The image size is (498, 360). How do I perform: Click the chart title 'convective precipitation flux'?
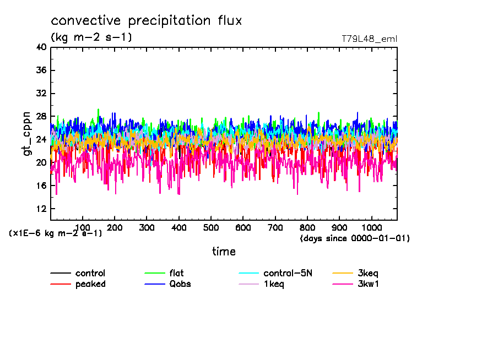click(x=147, y=21)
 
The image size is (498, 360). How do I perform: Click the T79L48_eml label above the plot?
click(x=369, y=39)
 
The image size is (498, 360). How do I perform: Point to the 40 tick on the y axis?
click(x=41, y=47)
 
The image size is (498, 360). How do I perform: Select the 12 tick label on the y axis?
click(x=41, y=209)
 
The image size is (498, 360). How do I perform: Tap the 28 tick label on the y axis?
click(x=41, y=117)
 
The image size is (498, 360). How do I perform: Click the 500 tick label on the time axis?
click(x=211, y=227)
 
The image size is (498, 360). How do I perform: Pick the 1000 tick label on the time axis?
click(x=371, y=227)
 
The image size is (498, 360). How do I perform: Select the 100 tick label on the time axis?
click(x=83, y=227)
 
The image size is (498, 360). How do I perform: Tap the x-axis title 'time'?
click(x=224, y=252)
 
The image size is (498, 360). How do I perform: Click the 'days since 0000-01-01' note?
click(x=355, y=238)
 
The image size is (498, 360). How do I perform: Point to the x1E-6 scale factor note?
click(x=56, y=233)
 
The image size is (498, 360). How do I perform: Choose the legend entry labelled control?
click(x=90, y=273)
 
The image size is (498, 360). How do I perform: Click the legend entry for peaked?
click(x=90, y=284)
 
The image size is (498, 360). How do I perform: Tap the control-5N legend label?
click(x=288, y=273)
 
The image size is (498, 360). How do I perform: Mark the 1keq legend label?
click(x=274, y=284)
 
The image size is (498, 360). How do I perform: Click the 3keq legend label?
click(x=368, y=273)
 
